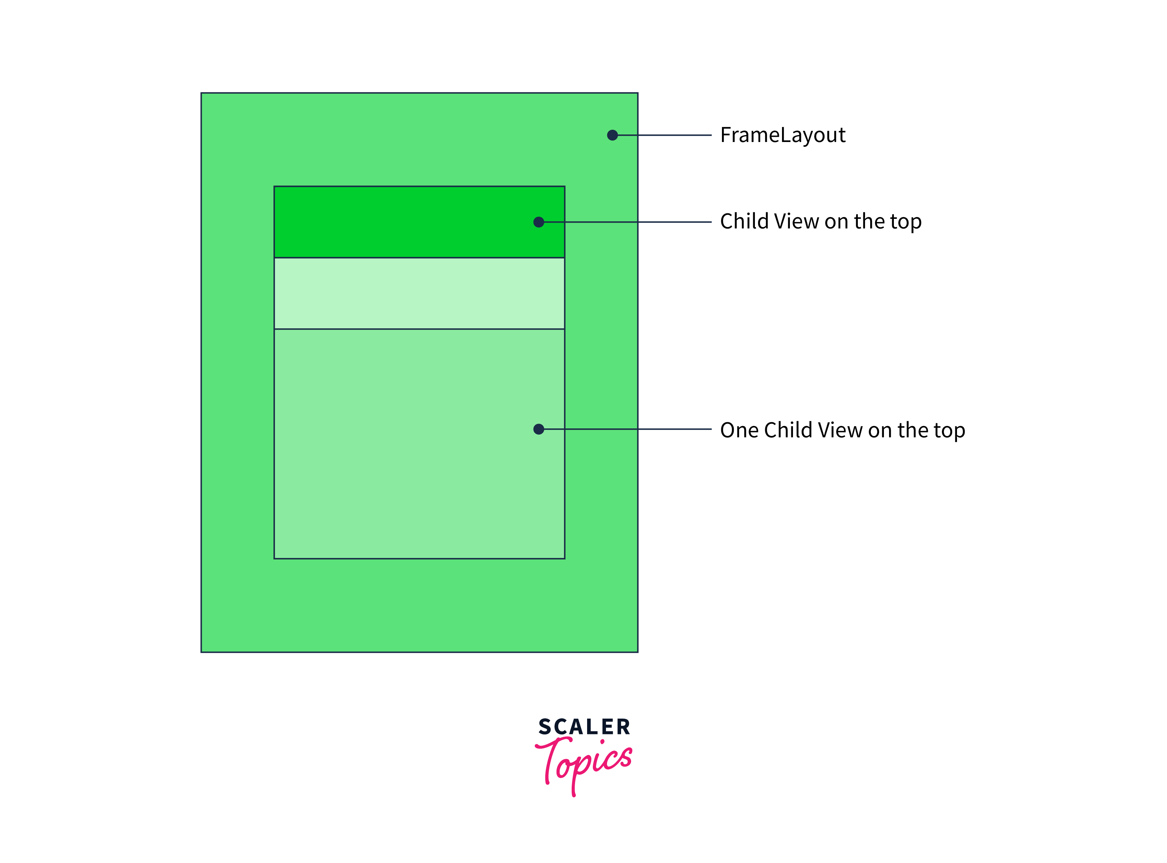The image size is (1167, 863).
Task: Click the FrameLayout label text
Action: [x=782, y=135]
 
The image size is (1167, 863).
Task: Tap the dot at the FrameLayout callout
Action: [x=612, y=135]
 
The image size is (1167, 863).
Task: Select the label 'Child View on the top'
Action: [x=820, y=222]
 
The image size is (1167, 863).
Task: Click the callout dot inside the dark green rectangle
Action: [x=539, y=222]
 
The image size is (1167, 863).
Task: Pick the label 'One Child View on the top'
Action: [x=842, y=430]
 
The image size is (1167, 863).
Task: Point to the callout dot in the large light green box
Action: [x=539, y=429]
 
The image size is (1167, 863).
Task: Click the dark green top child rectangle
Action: [x=397, y=222]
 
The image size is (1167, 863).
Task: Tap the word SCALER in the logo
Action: [x=584, y=726]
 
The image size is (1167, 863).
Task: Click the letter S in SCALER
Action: [x=545, y=726]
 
